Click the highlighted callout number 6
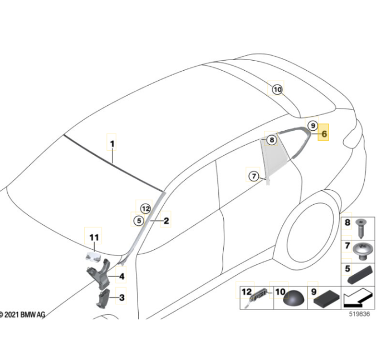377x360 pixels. (324, 134)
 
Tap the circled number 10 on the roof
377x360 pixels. (277, 90)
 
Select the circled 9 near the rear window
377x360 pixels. (313, 126)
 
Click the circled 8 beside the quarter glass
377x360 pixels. (272, 140)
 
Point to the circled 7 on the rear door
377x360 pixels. (254, 176)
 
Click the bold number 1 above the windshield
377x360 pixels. (112, 144)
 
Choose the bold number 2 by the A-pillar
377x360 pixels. (166, 221)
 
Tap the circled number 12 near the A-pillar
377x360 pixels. (145, 209)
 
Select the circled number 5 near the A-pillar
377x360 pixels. (139, 220)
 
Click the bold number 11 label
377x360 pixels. (94, 238)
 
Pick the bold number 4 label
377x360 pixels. (122, 277)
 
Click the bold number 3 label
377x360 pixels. (122, 298)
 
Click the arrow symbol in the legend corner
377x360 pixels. (358, 298)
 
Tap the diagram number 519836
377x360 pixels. (359, 314)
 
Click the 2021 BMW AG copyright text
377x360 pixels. (22, 314)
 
